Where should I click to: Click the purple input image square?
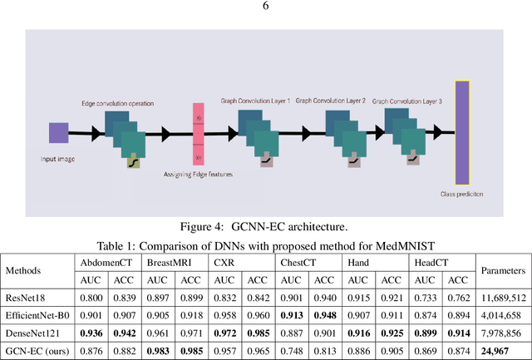click(58, 133)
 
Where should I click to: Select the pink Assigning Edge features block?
click(198, 134)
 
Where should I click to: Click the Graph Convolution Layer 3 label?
click(409, 99)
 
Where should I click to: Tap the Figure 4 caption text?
click(265, 226)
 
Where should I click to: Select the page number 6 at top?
click(266, 6)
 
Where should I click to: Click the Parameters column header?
click(503, 271)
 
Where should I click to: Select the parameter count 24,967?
click(503, 351)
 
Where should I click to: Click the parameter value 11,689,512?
click(503, 298)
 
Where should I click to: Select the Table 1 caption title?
click(265, 244)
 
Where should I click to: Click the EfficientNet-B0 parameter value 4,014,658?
click(503, 316)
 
